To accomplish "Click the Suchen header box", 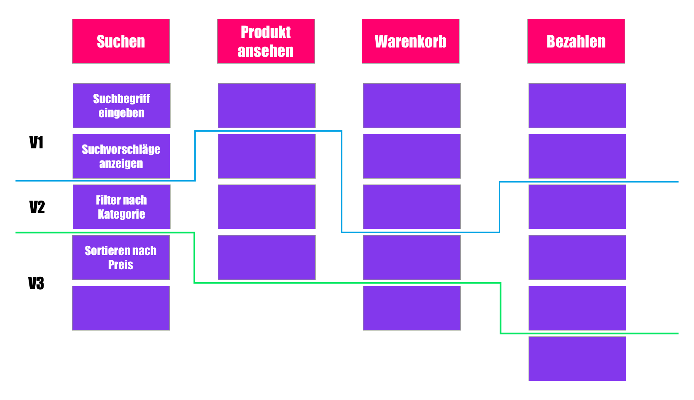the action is tap(121, 41).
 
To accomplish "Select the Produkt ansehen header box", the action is tap(266, 41).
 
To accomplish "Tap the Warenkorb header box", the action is tap(411, 41).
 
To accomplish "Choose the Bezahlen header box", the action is tap(576, 41).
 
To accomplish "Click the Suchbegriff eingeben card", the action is tap(122, 106).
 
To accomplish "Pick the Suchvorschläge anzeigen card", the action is tap(121, 156).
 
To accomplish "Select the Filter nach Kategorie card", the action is tap(122, 207).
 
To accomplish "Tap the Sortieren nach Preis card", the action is tap(121, 258).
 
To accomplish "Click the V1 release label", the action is tap(36, 142).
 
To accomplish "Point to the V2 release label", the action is tap(37, 207).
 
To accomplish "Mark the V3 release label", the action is tap(36, 283).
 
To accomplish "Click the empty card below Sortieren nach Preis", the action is tap(121, 308).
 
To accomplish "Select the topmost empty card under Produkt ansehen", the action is tap(267, 106).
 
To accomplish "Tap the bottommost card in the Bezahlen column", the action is tap(577, 359).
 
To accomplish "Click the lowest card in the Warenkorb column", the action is tap(412, 308).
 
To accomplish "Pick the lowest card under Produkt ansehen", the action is tap(267, 258).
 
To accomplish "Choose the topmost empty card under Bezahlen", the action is tap(577, 106).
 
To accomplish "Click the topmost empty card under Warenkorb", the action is tap(412, 106).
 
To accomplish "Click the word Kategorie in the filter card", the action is tap(122, 214).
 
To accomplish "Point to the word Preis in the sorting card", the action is tap(121, 265).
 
